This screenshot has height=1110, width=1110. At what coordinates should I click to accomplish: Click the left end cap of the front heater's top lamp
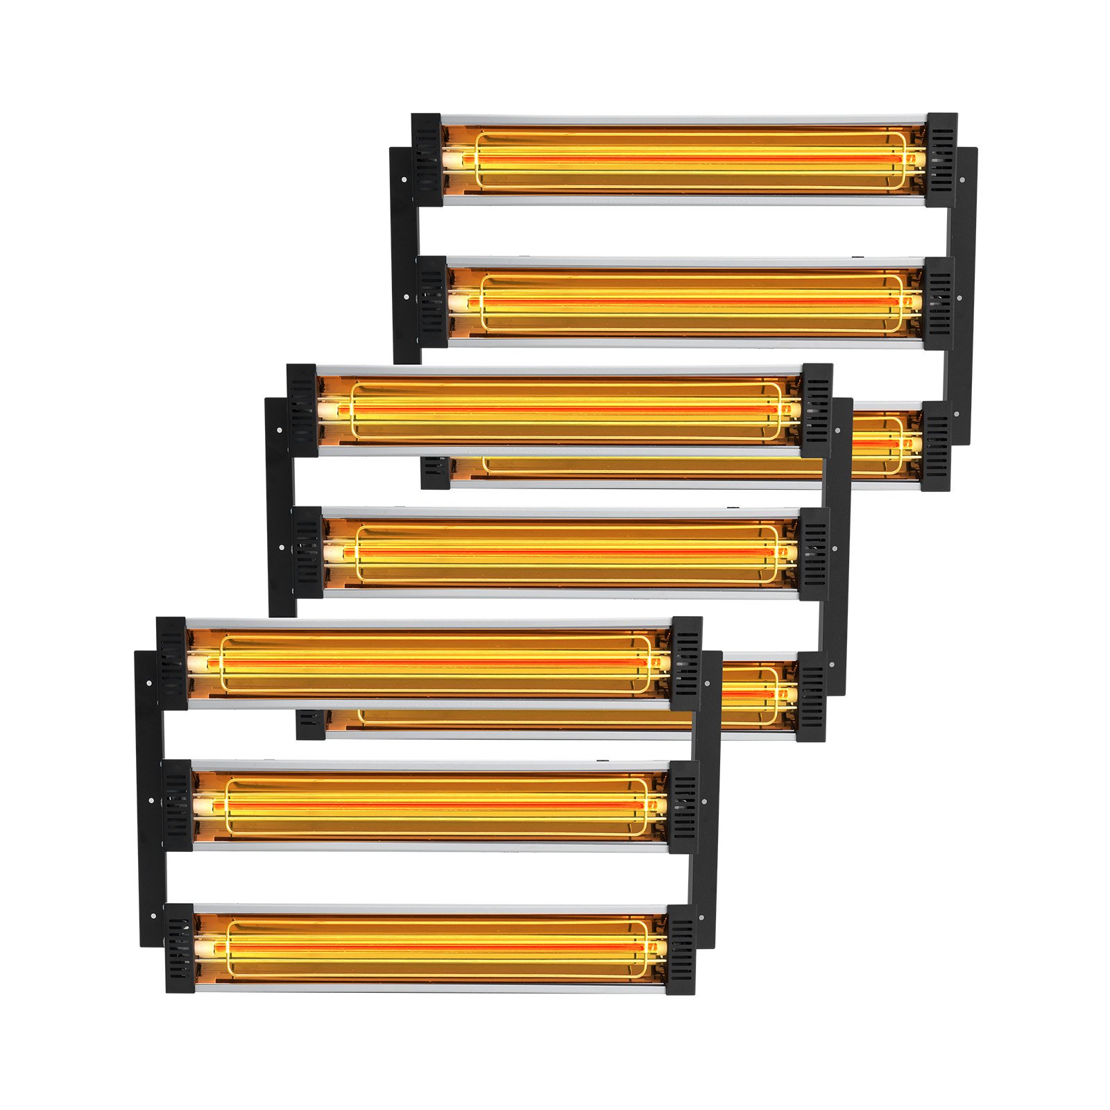click(172, 663)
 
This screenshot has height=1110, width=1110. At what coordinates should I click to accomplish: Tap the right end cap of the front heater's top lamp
click(685, 663)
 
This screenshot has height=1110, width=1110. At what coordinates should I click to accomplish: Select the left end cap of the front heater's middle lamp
click(177, 806)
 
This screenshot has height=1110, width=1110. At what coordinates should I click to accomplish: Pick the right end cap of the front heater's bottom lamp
click(681, 949)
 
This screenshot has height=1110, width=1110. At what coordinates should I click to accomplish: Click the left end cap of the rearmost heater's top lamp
click(427, 160)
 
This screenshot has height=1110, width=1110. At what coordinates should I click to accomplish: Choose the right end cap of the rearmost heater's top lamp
click(941, 160)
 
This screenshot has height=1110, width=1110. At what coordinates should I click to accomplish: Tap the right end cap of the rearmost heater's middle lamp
click(938, 303)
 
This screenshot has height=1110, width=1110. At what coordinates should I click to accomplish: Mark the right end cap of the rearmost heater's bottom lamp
click(935, 445)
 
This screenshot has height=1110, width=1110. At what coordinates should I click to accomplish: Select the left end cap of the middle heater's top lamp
click(302, 410)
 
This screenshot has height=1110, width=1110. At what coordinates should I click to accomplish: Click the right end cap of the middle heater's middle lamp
click(813, 554)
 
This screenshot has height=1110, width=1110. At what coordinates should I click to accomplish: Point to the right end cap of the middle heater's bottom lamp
click(811, 696)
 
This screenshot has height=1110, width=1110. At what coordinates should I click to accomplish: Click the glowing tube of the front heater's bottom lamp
click(430, 946)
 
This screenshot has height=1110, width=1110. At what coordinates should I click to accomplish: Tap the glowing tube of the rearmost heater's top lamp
click(687, 159)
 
